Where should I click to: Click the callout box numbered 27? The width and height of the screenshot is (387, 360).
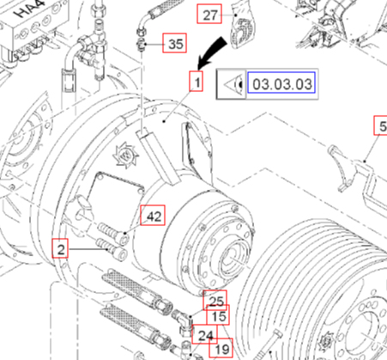pyautogui.click(x=209, y=14)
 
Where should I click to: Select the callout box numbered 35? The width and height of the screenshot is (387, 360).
pyautogui.click(x=174, y=43)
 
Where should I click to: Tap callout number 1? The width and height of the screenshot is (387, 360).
pyautogui.click(x=197, y=82)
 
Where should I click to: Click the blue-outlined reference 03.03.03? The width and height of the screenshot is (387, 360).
pyautogui.click(x=281, y=82)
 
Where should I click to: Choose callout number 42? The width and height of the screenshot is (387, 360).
pyautogui.click(x=153, y=215)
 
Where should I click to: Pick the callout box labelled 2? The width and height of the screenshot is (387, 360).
pyautogui.click(x=60, y=248)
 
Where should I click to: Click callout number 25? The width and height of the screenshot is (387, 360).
pyautogui.click(x=215, y=300)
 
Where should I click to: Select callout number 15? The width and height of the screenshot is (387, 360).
pyautogui.click(x=218, y=315)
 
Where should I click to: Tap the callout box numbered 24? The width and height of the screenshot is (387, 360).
pyautogui.click(x=204, y=334)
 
